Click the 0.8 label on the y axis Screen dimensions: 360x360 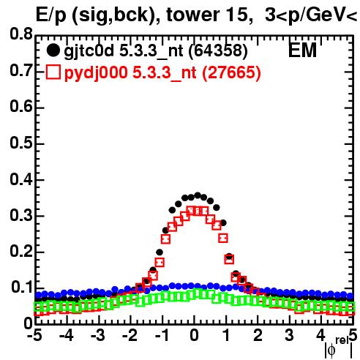21,34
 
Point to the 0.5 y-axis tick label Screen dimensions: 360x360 21,143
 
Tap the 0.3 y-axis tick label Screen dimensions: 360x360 21,215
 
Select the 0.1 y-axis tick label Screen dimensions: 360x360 22,288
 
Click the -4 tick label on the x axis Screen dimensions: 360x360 66,336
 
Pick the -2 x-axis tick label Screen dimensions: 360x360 130,336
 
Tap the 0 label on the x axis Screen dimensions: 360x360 194,336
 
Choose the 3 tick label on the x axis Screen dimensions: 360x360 290,336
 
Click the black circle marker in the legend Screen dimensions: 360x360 53,50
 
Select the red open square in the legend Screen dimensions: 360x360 53,72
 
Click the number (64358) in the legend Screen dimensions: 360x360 218,50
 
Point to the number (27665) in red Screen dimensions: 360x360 231,72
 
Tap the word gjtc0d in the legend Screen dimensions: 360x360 89,51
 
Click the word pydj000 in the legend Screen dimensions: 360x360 96,73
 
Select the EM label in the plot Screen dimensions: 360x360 302,50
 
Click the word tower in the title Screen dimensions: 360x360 192,15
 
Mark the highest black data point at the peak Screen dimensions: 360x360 198,195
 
